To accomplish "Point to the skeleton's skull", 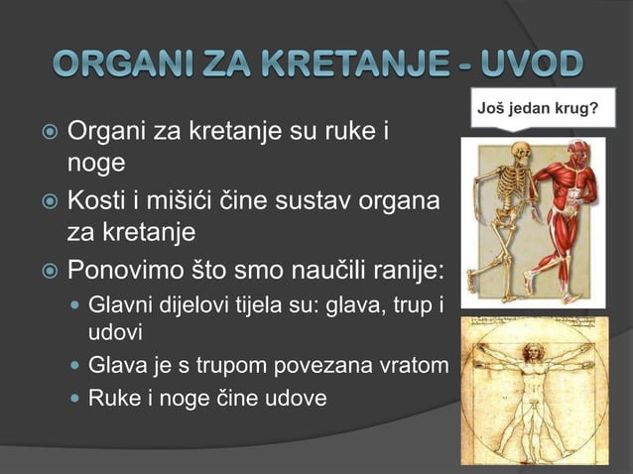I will tap(512, 149).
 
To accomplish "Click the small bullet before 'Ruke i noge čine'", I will tap(72, 399).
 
